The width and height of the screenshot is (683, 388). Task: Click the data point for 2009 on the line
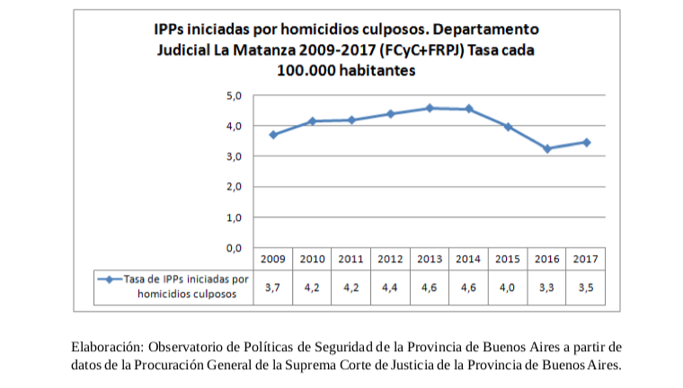click(272, 135)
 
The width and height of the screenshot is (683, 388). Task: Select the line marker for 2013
click(429, 108)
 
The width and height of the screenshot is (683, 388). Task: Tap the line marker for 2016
click(546, 148)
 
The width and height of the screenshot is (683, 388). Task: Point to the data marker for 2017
click(586, 142)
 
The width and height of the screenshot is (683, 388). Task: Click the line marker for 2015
click(508, 127)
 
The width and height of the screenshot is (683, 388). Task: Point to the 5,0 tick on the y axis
click(232, 95)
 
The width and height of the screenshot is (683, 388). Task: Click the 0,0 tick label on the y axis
click(232, 247)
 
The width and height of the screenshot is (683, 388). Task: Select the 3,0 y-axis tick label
click(232, 156)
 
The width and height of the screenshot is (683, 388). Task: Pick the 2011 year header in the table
click(351, 259)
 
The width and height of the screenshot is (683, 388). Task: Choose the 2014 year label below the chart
click(468, 259)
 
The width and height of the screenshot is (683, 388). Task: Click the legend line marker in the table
click(109, 279)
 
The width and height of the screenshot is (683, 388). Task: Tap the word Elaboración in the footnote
click(105, 346)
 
